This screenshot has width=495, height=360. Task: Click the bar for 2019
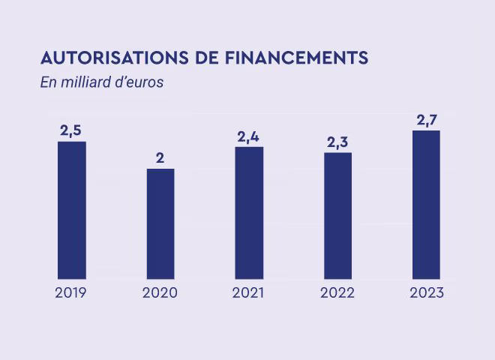pos(72,210)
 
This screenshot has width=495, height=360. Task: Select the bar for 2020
pos(160,223)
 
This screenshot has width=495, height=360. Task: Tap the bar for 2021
pos(249,212)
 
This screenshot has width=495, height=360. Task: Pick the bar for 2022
pos(337,215)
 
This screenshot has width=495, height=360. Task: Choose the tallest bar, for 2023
pos(426,204)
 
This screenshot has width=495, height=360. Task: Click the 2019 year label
pos(72,293)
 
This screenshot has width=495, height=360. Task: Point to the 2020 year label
pos(160,293)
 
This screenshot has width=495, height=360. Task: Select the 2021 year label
pos(249,293)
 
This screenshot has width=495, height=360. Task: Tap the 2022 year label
pos(337,293)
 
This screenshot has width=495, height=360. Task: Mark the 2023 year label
pos(427,293)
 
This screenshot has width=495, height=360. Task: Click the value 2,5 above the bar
pos(71,130)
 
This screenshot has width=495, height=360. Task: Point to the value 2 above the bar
pos(160,157)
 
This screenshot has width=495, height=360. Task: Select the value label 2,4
pos(249,136)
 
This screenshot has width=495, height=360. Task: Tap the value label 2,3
pos(337,142)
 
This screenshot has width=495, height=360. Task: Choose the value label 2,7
pos(426,120)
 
